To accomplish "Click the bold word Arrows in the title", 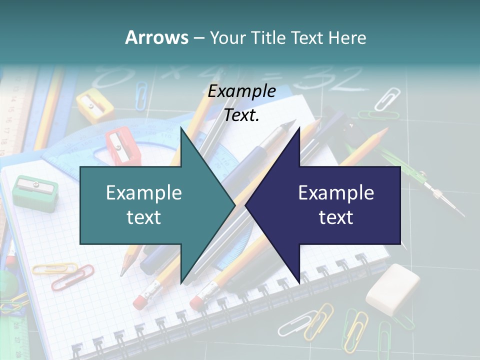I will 156,37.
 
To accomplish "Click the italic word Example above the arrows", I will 241,91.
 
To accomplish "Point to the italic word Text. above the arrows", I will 241,115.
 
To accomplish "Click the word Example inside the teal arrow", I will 144,193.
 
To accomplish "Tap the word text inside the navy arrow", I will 336,217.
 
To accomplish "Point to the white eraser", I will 392,289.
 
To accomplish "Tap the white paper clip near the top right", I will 387,98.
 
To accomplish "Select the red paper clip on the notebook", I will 72,278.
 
